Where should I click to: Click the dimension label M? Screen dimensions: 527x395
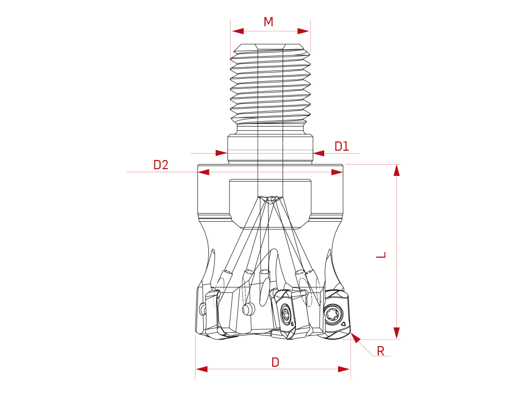point(268,22)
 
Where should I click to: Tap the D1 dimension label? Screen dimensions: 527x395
point(342,147)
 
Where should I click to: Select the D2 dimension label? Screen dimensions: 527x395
point(161,165)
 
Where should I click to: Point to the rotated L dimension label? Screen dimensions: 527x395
point(381,255)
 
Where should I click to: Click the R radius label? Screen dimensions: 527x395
point(380,351)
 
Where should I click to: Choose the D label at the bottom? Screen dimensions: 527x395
point(275,363)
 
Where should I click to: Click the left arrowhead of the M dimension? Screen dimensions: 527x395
point(238,31)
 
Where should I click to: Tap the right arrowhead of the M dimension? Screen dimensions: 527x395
point(303,31)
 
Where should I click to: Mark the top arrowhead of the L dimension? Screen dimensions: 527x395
point(397,170)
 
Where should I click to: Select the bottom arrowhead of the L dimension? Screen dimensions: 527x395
point(397,333)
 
